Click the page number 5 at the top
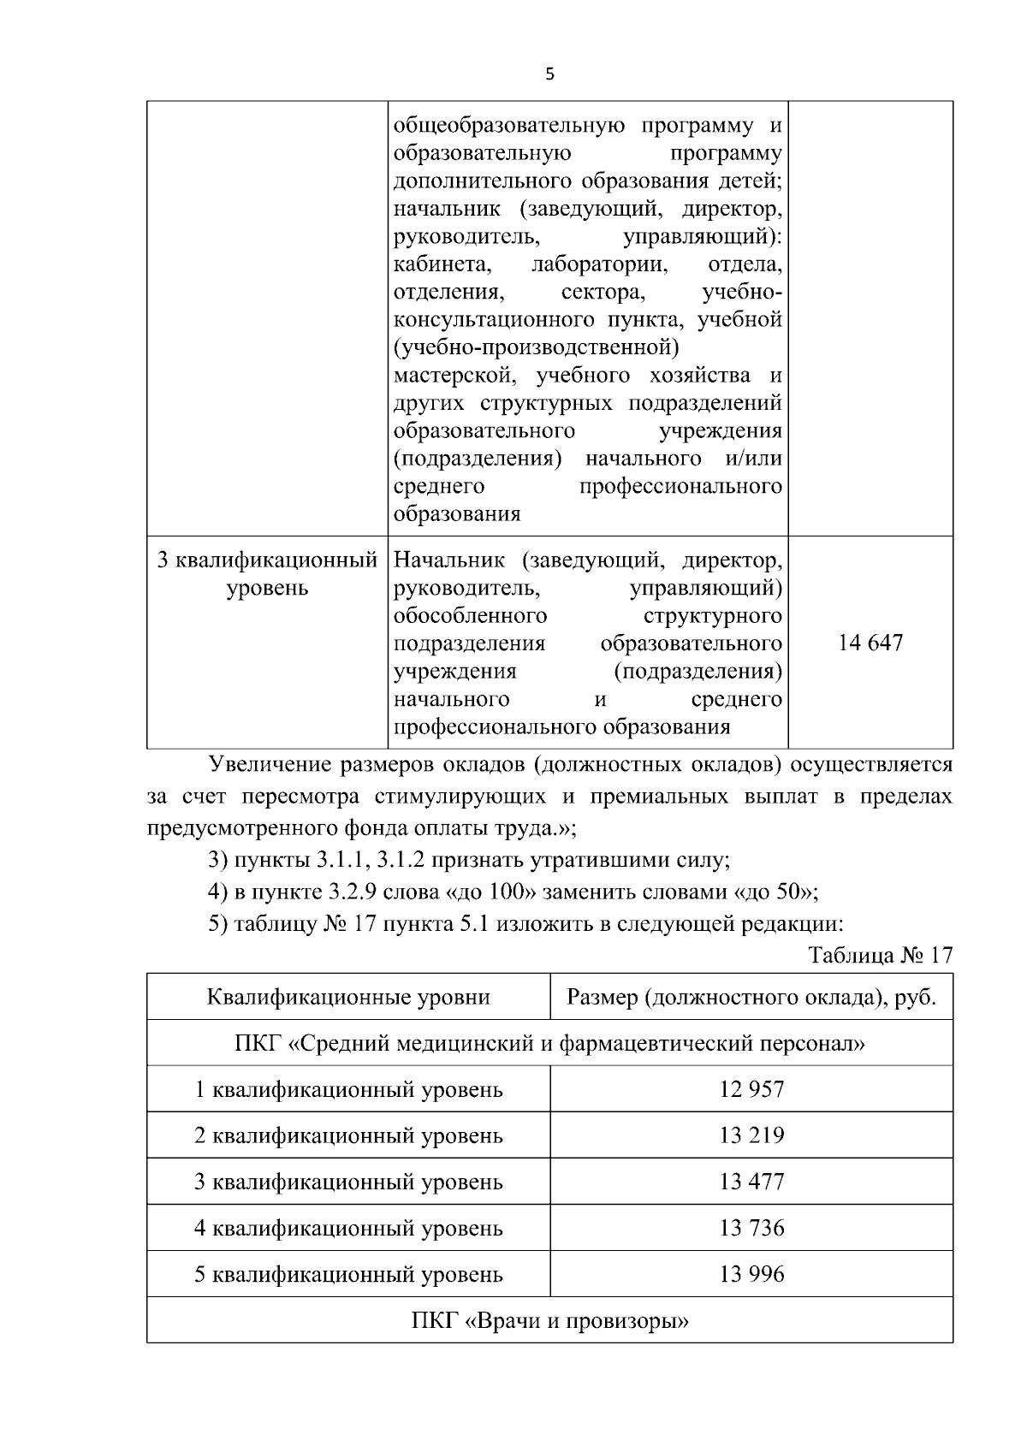(x=549, y=74)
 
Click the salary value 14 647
(x=870, y=643)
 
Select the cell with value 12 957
(x=751, y=1089)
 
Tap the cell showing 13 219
(x=751, y=1135)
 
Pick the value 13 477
(x=751, y=1182)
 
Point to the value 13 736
(x=751, y=1228)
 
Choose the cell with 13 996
(x=751, y=1274)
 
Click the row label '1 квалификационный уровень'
(x=348, y=1089)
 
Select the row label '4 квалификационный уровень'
(x=348, y=1228)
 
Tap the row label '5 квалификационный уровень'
(x=348, y=1274)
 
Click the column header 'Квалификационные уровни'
(x=348, y=997)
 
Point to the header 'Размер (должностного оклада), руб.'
(x=751, y=997)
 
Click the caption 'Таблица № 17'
(x=881, y=955)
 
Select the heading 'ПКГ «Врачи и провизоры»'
(x=549, y=1320)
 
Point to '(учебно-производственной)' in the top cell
(x=536, y=347)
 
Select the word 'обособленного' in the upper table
(x=470, y=616)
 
